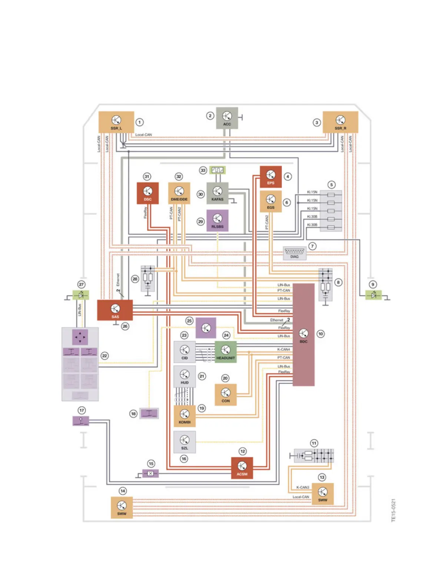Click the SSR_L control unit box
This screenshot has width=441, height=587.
116,122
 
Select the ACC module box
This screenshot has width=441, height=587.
227,118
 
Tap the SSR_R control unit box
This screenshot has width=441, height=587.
340,122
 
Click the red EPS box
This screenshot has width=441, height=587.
271,177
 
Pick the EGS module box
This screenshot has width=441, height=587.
271,201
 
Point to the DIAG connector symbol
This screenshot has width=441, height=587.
295,253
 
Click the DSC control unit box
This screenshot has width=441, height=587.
147,193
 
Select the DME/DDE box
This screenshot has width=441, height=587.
179,193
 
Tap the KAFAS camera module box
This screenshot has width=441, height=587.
217,193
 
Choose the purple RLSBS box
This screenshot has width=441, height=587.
217,220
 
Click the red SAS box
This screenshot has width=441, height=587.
115,310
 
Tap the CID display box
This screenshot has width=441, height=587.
185,352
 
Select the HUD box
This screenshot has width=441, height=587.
185,377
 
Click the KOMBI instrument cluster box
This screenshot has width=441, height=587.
185,416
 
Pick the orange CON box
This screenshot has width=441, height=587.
225,395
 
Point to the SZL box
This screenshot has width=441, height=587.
185,442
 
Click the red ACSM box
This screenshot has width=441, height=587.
242,468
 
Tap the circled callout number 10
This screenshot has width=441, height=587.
321,334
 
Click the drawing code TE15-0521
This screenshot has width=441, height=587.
394,510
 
